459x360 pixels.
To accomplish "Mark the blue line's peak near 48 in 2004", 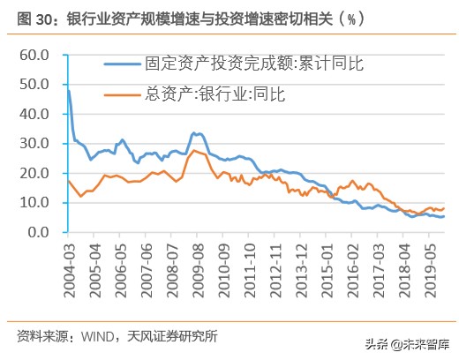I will [x=69, y=90].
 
